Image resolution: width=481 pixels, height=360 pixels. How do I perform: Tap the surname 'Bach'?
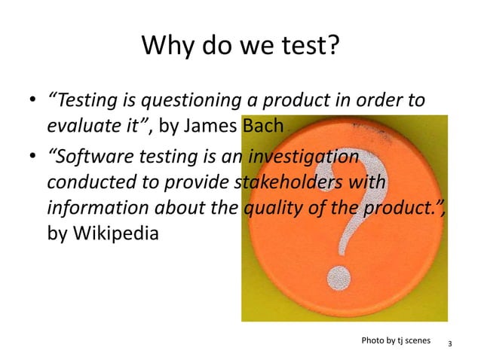coord(262,126)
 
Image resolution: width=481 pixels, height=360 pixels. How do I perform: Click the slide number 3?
coord(449,344)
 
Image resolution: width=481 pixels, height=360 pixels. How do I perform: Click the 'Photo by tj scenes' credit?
coord(396,340)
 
